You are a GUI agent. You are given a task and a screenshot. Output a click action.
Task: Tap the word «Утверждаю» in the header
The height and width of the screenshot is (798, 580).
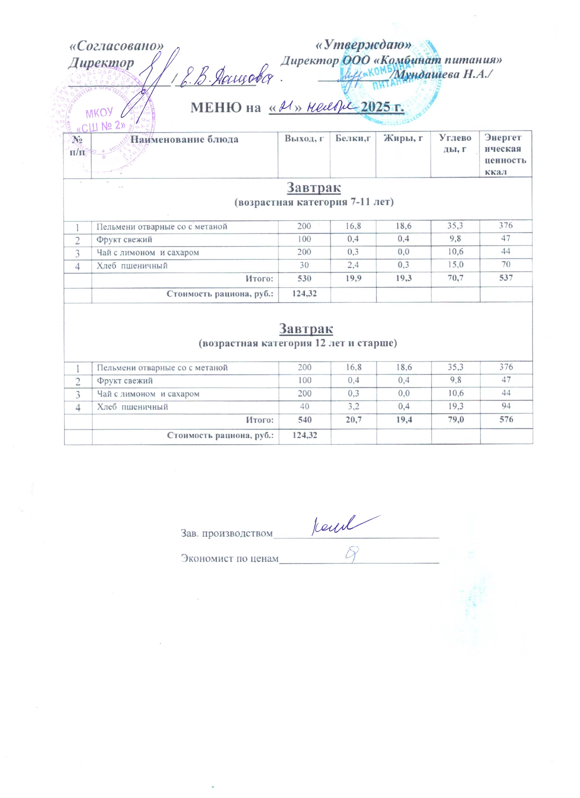(x=363, y=45)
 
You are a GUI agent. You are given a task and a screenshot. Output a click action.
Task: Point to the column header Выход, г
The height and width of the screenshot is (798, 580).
(x=304, y=139)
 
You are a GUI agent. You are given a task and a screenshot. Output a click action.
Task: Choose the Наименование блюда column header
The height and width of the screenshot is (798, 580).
(x=184, y=140)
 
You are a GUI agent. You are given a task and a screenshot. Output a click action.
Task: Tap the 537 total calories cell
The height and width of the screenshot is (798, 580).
(x=505, y=278)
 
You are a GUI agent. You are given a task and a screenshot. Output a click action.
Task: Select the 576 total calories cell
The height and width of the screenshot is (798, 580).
(x=506, y=419)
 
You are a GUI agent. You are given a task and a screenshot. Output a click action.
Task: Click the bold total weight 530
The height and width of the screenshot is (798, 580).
(x=304, y=278)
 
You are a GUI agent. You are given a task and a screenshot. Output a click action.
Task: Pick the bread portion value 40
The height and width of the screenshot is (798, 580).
(x=305, y=407)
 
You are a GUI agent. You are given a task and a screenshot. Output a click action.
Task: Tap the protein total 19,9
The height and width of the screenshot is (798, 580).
(x=353, y=278)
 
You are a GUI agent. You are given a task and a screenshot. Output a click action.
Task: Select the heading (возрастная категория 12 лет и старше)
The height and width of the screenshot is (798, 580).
(x=297, y=343)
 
